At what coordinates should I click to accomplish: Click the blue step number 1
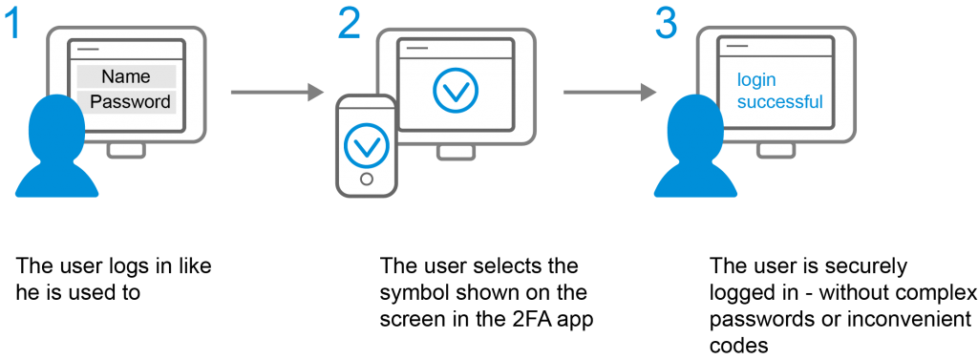tap(12, 23)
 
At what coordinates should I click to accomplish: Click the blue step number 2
tap(349, 23)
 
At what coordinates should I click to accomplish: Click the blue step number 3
tap(667, 23)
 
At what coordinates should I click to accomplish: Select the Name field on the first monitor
tap(126, 76)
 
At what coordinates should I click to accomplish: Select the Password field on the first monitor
tap(130, 101)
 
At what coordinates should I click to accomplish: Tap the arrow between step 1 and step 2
tap(277, 92)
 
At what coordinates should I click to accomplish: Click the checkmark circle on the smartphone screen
tap(366, 144)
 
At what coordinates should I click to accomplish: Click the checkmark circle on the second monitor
tap(455, 90)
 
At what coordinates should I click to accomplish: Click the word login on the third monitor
tap(755, 81)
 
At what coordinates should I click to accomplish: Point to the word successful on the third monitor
tap(779, 102)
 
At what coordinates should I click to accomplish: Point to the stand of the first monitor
tap(126, 151)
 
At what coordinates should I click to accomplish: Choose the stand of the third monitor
tap(776, 151)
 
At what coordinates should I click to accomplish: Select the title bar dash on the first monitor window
tap(87, 47)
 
